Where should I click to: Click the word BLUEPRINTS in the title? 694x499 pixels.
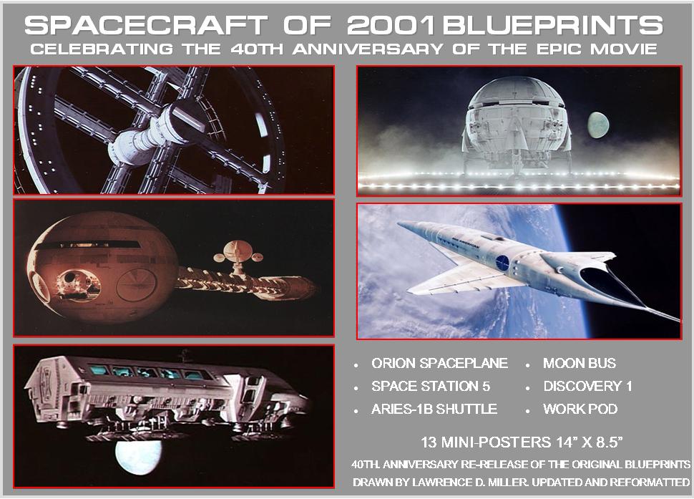point(553,25)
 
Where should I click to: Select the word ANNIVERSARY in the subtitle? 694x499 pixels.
point(367,49)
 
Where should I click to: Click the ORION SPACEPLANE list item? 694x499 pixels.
point(439,364)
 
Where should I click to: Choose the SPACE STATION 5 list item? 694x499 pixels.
point(431,386)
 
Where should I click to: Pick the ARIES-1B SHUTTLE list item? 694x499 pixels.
point(434,409)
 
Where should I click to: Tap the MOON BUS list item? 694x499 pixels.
point(580,364)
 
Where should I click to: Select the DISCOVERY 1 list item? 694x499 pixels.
point(588,386)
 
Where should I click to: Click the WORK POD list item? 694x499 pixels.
point(580,409)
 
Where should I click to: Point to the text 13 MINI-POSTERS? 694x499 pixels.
point(486,442)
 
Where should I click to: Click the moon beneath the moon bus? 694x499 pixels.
point(138,457)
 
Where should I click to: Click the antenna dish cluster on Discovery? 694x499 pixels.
point(238,256)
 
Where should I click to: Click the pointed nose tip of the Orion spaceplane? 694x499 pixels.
point(399,223)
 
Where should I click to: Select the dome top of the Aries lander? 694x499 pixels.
point(516,91)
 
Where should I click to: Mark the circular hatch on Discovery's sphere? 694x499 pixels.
point(137,285)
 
